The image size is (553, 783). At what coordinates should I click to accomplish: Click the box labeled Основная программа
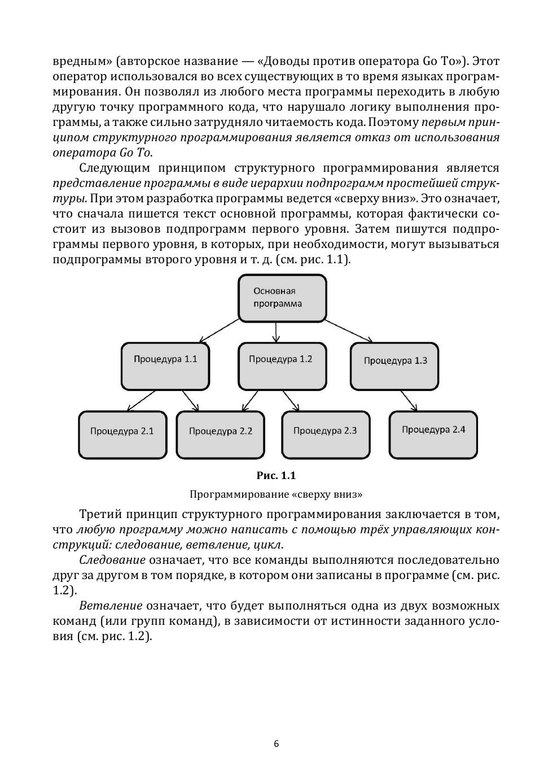[282, 298]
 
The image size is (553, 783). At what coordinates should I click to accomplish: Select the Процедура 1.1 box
[165, 366]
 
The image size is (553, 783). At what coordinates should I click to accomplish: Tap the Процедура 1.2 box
[282, 366]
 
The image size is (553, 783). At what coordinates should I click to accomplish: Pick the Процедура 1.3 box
[394, 366]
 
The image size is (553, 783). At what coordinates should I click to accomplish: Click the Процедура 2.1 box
[122, 434]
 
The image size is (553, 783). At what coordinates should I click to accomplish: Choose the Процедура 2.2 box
[220, 434]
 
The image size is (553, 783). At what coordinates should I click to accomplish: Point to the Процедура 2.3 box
[326, 434]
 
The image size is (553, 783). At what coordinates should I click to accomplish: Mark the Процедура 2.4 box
[433, 434]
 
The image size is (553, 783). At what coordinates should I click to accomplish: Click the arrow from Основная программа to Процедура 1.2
[276, 332]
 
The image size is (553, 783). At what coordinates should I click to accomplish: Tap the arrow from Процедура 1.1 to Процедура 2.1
[141, 401]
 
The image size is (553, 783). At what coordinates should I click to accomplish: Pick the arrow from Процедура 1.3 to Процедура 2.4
[409, 401]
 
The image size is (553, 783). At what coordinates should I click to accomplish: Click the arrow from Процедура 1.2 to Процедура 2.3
[290, 401]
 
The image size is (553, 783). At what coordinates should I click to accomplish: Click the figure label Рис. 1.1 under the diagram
[276, 476]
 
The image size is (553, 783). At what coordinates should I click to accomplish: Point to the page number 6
[276, 743]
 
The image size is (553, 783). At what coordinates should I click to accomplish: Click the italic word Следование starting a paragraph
[112, 560]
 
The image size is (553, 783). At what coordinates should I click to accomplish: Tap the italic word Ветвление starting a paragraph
[111, 606]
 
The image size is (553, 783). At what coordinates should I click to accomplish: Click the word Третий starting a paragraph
[100, 514]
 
